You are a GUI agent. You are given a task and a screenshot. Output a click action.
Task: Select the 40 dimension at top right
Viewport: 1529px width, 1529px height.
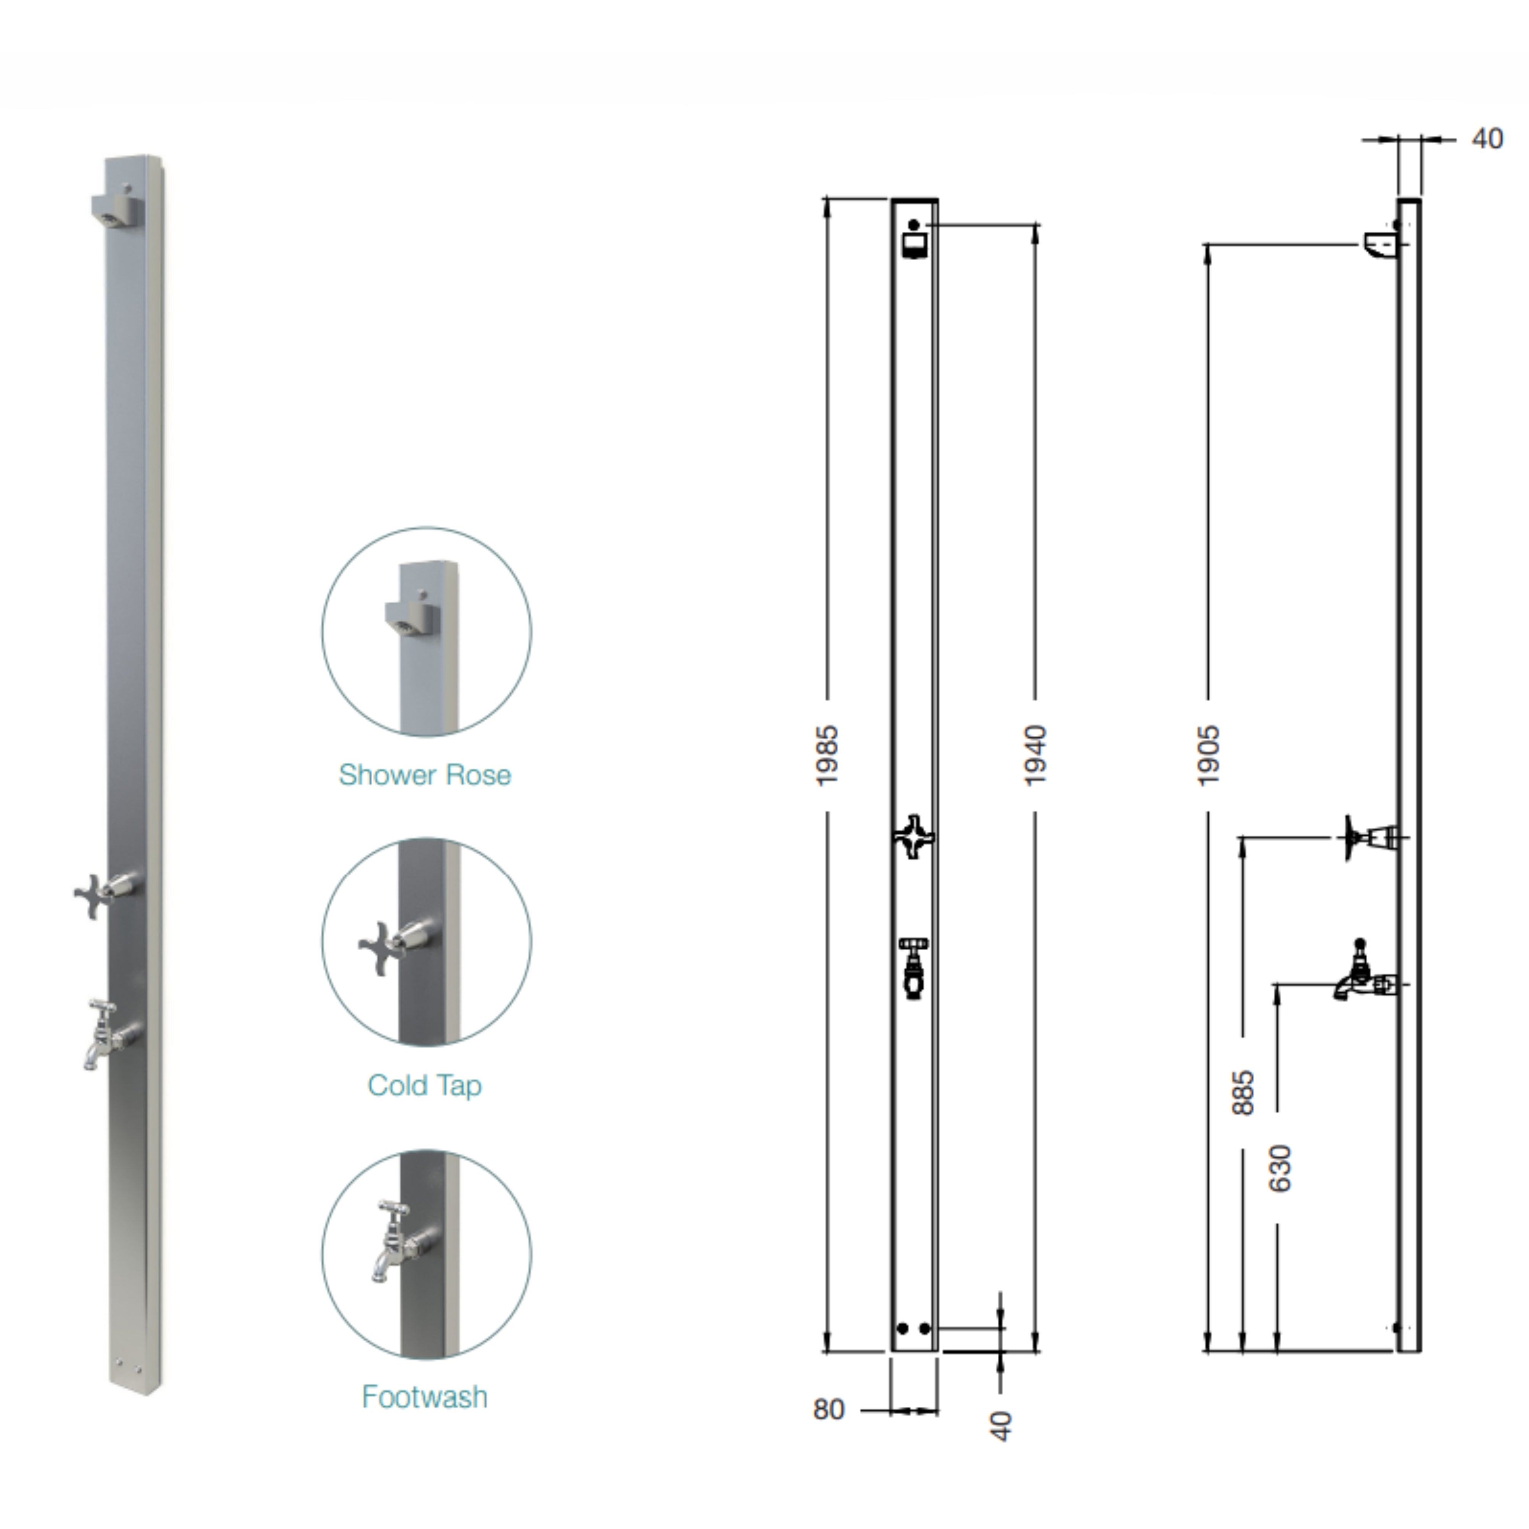[1487, 139]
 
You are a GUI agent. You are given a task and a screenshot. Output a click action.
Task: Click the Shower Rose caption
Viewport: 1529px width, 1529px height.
[425, 775]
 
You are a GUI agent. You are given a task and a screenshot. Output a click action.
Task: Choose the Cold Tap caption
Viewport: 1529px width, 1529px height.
[425, 1085]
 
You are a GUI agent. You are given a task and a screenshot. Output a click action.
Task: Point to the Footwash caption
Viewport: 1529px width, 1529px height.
[425, 1397]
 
